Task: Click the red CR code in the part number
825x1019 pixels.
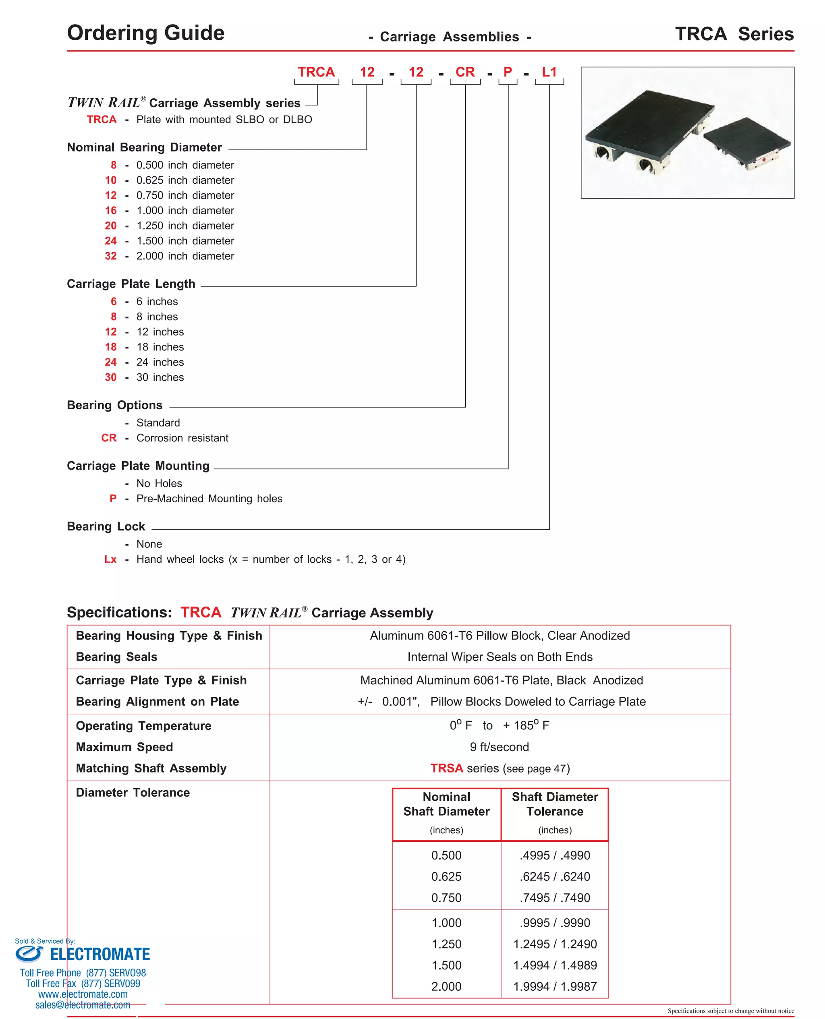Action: [x=464, y=72]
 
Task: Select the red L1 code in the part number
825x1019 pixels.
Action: [x=549, y=72]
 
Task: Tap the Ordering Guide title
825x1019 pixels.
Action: [x=145, y=33]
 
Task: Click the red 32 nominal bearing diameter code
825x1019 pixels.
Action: [x=110, y=256]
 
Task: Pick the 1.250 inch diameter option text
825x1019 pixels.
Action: [x=185, y=226]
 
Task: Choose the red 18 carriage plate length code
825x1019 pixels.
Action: [x=110, y=347]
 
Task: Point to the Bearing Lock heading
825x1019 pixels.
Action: [x=106, y=526]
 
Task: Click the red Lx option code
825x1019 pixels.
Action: [x=110, y=559]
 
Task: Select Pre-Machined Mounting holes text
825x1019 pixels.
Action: [x=209, y=498]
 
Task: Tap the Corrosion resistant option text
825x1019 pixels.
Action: [x=182, y=438]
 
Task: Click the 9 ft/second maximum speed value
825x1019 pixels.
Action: [x=499, y=747]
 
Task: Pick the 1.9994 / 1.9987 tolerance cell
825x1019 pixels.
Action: [x=555, y=986]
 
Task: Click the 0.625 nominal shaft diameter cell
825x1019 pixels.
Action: [x=446, y=876]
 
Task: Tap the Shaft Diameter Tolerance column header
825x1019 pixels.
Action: [x=555, y=804]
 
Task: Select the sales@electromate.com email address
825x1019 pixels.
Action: [x=83, y=1005]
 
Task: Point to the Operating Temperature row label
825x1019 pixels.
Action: [x=143, y=726]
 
